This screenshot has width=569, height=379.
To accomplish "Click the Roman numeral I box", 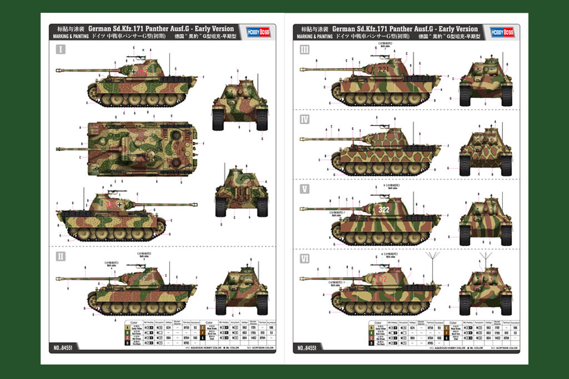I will (x=60, y=49).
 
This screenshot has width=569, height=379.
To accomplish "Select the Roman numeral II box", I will (x=60, y=256).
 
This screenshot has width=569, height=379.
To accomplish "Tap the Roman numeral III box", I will (x=304, y=49).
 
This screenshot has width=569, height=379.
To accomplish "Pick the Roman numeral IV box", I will (x=304, y=119).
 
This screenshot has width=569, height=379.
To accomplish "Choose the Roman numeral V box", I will (x=304, y=189).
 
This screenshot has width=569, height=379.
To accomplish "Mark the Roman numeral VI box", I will (x=304, y=258).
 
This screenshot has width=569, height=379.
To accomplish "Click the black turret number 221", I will (x=384, y=70).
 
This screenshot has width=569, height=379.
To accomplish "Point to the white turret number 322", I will (x=384, y=210).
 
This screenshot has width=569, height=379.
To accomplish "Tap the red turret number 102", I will (x=381, y=278).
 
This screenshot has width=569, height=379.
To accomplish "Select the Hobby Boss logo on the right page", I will (x=499, y=32).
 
